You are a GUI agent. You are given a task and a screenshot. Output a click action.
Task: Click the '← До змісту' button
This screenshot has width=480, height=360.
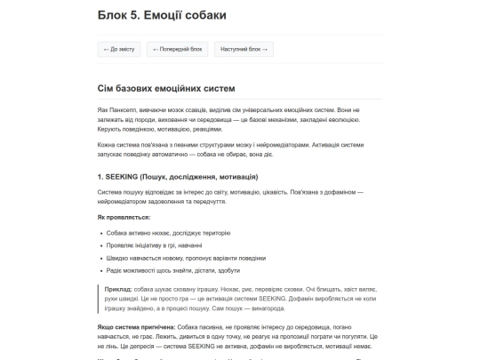tap(118, 49)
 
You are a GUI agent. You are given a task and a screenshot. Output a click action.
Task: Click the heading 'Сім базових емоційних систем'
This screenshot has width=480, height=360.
tap(166, 88)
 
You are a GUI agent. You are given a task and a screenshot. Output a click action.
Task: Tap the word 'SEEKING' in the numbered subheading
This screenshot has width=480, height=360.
tap(123, 177)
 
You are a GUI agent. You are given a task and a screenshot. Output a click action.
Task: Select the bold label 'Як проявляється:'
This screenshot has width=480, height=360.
tap(124, 217)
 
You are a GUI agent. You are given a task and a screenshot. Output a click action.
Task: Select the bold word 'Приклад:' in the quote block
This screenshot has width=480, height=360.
tap(118, 290)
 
